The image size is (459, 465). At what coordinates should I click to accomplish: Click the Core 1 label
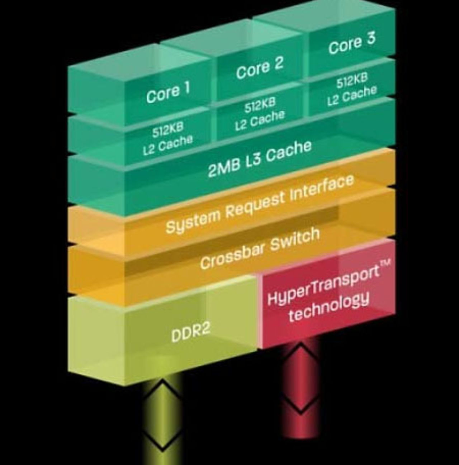click(168, 92)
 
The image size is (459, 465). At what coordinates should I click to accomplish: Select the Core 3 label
click(351, 43)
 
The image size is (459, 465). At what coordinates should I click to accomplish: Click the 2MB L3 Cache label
click(260, 159)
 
